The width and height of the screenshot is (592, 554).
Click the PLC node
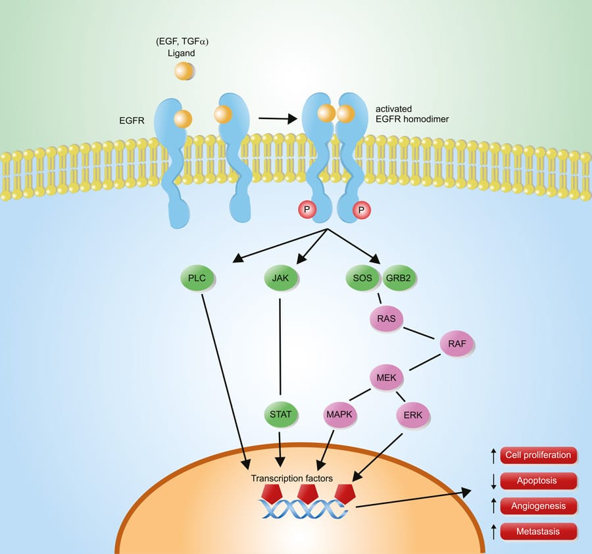197,278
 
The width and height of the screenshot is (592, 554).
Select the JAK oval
280,278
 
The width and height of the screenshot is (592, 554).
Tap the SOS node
362,278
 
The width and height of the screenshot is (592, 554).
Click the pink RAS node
387,318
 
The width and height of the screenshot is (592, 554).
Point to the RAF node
456,343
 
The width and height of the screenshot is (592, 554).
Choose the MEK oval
386,378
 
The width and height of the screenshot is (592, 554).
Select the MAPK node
340,415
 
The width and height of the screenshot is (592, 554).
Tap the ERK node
413,415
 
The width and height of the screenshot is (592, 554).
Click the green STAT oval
280,415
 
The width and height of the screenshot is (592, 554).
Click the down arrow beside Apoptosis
493,481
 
